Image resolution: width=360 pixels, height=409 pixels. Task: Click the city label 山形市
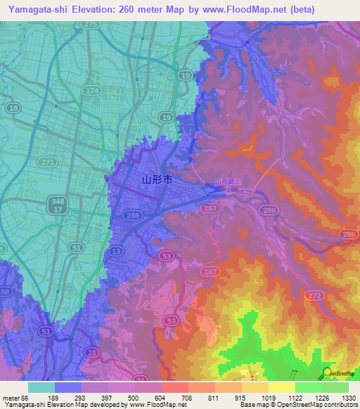(x=157, y=180)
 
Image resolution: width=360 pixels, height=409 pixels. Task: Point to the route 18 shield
(x=14, y=108)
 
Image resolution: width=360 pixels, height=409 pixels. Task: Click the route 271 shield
(x=48, y=162)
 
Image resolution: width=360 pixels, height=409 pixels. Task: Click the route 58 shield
(x=4, y=290)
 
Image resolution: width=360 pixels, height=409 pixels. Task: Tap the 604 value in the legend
(x=149, y=398)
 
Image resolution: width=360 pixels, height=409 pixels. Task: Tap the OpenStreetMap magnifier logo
(x=328, y=372)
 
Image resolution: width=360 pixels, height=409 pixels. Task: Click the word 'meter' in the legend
(x=10, y=398)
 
